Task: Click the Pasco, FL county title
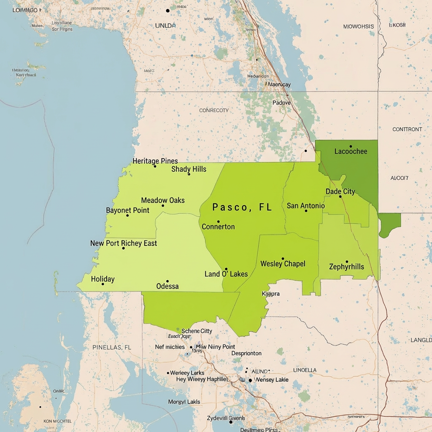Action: point(242,207)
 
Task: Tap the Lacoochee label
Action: point(351,151)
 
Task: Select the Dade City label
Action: point(340,192)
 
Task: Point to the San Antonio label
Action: point(306,205)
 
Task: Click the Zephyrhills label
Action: point(346,267)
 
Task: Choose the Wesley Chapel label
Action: point(283,264)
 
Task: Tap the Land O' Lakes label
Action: point(226,274)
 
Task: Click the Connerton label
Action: point(218,227)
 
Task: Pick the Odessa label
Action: point(167,286)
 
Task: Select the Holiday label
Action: point(103,279)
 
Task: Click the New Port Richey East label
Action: point(124,243)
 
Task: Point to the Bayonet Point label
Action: point(127,210)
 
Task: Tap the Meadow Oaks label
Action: point(163,200)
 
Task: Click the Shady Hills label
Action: point(189,169)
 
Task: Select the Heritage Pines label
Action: point(155,161)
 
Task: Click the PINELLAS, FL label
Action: point(112,347)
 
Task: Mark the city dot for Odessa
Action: point(167,281)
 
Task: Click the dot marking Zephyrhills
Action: point(347,262)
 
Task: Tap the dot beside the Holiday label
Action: point(103,284)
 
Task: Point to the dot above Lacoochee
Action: point(351,146)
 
